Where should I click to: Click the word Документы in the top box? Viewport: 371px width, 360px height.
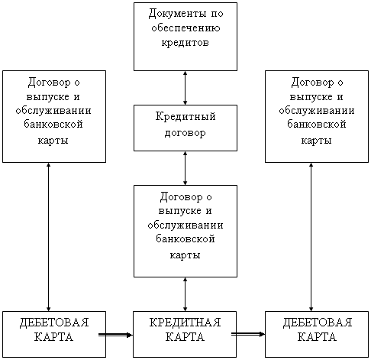pos(177,14)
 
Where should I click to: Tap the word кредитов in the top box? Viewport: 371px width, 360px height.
pos(185,43)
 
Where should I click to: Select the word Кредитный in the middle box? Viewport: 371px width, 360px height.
pos(185,117)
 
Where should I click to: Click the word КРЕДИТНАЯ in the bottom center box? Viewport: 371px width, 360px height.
pos(185,323)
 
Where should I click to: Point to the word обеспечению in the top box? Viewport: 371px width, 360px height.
pos(185,28)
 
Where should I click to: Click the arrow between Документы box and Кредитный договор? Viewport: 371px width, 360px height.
pos(185,88)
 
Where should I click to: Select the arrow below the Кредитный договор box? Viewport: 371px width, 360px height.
pos(185,168)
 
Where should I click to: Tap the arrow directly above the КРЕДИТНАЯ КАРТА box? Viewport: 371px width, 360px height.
pos(185,294)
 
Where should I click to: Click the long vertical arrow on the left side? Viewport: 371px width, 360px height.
pos(48,237)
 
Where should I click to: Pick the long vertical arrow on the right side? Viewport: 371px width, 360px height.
pos(311,237)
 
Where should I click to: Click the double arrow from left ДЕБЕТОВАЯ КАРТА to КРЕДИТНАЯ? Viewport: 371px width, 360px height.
pos(116,335)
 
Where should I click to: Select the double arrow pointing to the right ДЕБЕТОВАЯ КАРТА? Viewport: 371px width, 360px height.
pos(248,334)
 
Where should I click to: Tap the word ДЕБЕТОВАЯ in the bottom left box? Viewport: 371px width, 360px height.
pos(54,323)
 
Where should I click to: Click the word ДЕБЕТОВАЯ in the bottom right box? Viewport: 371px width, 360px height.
pos(318,323)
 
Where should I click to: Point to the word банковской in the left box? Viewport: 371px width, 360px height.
pos(53,125)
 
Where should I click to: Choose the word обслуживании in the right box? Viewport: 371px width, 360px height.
pos(317,111)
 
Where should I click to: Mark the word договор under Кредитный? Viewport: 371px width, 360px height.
pos(185,133)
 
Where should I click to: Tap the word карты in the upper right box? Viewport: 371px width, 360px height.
pos(317,141)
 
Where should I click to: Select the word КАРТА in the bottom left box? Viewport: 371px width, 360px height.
pos(53,337)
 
